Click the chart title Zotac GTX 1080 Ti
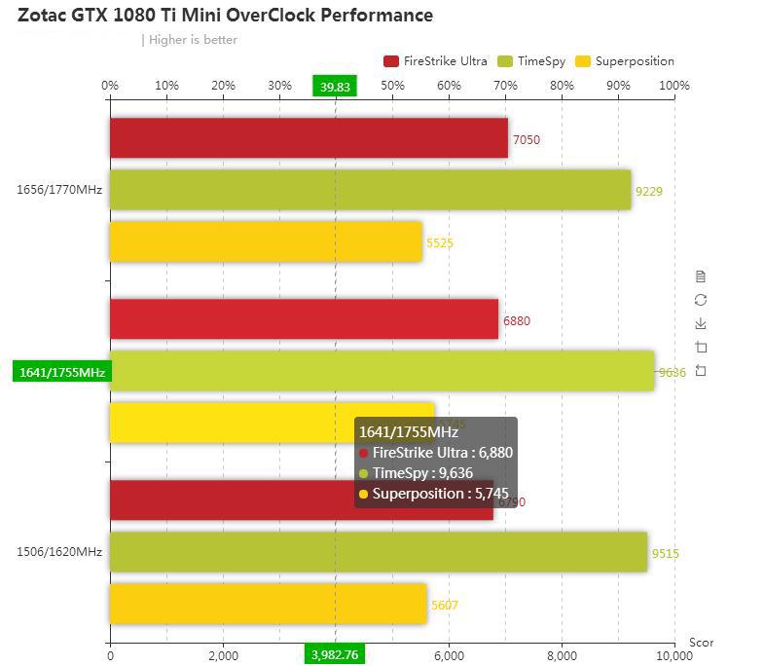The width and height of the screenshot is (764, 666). coord(225,16)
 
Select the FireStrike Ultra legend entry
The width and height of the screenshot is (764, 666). coord(435,61)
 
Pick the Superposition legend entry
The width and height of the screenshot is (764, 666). coord(625,61)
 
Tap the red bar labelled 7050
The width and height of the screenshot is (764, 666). coord(309,138)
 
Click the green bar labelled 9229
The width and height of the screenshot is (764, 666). coord(370,190)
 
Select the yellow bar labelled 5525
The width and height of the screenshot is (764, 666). coord(266,241)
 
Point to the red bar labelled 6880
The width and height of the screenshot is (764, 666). coord(304,319)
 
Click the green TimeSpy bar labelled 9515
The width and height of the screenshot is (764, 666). coord(378,552)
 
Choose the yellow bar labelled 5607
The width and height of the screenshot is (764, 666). coord(268,604)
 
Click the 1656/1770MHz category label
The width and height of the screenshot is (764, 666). coord(59,190)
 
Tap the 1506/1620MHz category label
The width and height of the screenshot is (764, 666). coord(59,552)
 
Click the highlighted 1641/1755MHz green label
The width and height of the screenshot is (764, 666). coord(61,372)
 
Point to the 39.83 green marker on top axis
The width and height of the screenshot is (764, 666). coord(335,87)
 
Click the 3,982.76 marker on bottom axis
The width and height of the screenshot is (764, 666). coord(335,654)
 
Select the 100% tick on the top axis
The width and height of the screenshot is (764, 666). coord(673,86)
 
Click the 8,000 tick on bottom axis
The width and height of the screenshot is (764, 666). coord(562,655)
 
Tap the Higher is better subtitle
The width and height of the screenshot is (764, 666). coord(193,40)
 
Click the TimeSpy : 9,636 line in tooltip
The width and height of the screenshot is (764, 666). coord(422,473)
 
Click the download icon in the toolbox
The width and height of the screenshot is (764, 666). coord(701,323)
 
